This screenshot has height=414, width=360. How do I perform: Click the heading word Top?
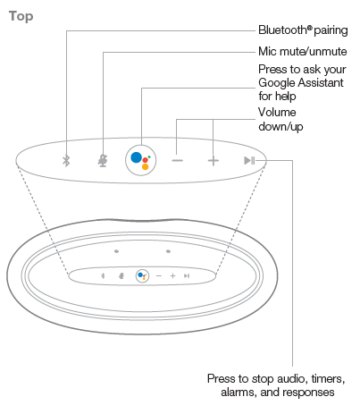(21, 16)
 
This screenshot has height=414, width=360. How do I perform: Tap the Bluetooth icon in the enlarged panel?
(66, 161)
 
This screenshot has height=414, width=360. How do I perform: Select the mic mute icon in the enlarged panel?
(103, 161)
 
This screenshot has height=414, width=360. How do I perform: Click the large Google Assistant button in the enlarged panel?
(141, 160)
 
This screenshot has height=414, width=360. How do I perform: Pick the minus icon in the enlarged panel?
(178, 160)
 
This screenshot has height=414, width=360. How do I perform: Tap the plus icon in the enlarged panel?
(213, 161)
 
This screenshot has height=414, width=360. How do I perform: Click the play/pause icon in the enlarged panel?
(249, 160)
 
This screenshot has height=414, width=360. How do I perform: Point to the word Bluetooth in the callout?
(282, 30)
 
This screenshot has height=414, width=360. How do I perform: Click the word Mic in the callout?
(267, 51)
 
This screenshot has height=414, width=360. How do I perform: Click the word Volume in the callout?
(277, 113)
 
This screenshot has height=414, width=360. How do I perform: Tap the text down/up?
(280, 126)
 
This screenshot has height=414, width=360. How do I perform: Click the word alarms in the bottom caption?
(239, 392)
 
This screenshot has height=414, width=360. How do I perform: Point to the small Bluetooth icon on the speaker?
(103, 275)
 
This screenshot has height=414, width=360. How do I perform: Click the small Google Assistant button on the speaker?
(142, 276)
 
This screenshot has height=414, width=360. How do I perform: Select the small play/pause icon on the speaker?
(187, 276)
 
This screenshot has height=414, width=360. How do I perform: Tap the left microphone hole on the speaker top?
(116, 251)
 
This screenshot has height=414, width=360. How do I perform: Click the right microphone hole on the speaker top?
(168, 251)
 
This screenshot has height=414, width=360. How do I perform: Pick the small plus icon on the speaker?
(172, 276)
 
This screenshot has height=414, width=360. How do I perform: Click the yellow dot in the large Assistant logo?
(145, 166)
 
